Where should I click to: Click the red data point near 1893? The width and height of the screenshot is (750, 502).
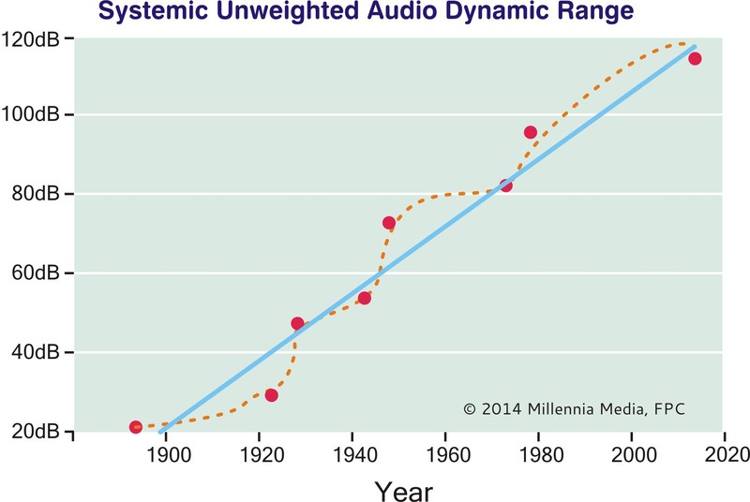pos(136,427)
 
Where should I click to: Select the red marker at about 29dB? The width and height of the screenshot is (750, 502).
pos(272,395)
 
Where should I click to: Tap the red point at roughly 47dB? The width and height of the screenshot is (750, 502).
pos(298,324)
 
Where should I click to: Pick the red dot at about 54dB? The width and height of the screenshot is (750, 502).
pos(365,298)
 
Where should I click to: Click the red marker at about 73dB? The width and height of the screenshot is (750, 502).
pos(389,223)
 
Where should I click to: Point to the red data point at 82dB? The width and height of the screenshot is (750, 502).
pos(506,185)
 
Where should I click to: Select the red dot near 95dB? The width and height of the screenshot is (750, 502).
pos(531,132)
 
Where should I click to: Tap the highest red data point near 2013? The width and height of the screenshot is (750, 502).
pos(695,59)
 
